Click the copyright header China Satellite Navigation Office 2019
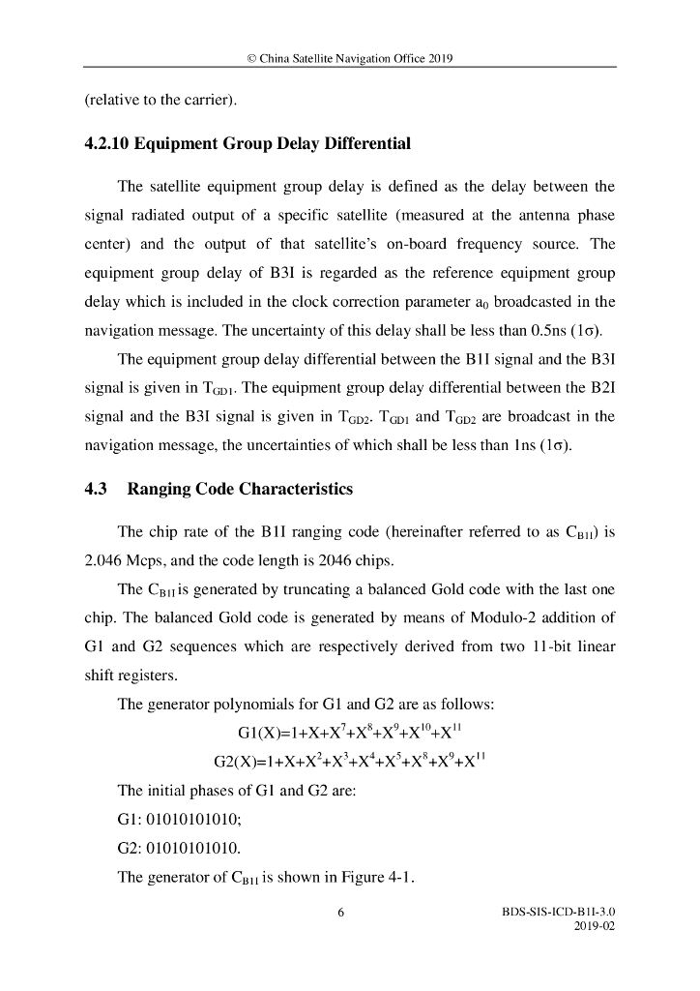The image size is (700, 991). [x=350, y=58]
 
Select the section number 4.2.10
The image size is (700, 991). [x=106, y=144]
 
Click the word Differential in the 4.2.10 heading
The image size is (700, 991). [x=365, y=144]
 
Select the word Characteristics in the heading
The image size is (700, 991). [x=291, y=489]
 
